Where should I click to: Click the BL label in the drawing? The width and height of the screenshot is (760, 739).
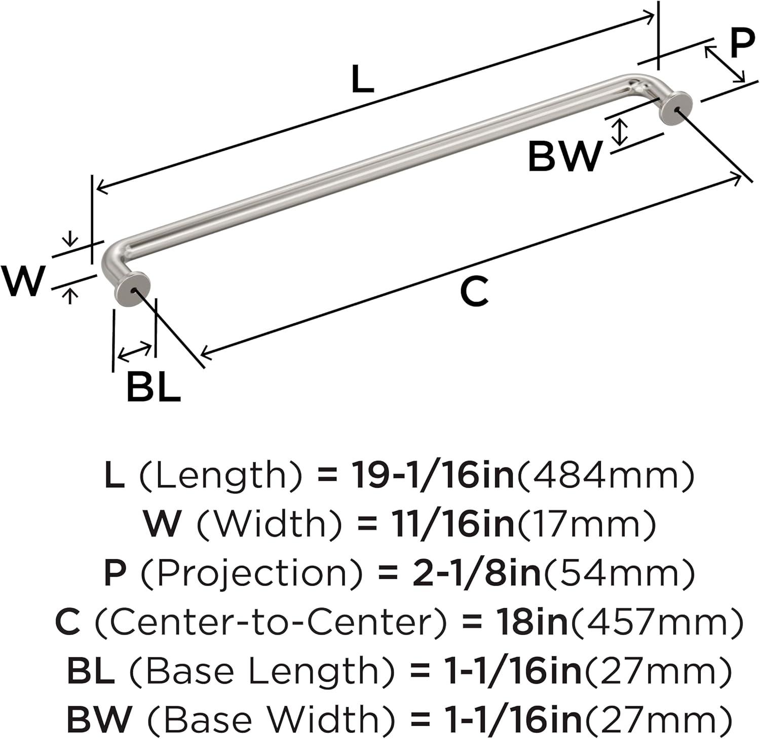click(154, 386)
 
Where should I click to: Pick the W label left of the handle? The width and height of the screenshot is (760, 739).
click(23, 281)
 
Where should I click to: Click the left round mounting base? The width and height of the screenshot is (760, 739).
click(132, 290)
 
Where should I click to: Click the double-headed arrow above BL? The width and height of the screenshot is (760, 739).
click(134, 352)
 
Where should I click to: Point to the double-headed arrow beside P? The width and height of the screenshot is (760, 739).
click(725, 64)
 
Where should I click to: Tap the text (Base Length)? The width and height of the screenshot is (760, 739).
click(261, 671)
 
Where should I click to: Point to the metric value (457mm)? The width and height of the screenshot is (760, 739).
click(657, 622)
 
